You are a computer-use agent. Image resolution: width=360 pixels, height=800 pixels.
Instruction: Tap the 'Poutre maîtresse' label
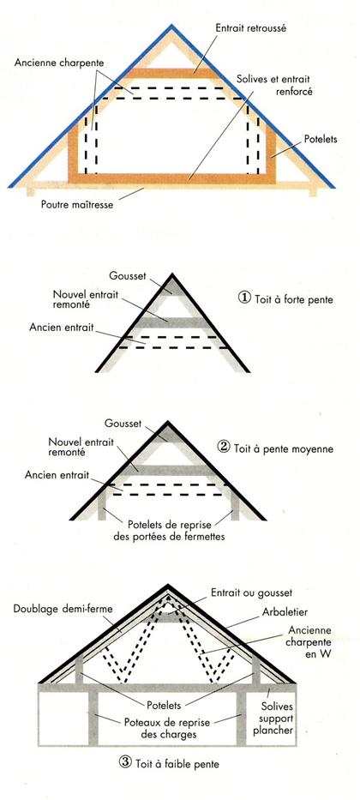(77, 206)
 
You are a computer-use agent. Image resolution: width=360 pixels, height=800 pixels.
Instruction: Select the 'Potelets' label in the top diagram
(321, 139)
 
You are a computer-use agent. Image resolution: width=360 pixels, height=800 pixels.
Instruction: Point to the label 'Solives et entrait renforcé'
(273, 86)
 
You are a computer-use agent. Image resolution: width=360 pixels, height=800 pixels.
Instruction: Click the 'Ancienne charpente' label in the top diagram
(59, 63)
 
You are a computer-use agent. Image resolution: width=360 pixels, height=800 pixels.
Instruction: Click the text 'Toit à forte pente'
(293, 299)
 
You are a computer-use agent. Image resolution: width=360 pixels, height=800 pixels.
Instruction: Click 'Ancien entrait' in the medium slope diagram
(57, 475)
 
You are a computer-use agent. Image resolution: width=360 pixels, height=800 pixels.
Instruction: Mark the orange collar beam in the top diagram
(173, 73)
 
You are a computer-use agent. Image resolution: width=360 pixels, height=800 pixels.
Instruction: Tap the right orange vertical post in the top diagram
(270, 153)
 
